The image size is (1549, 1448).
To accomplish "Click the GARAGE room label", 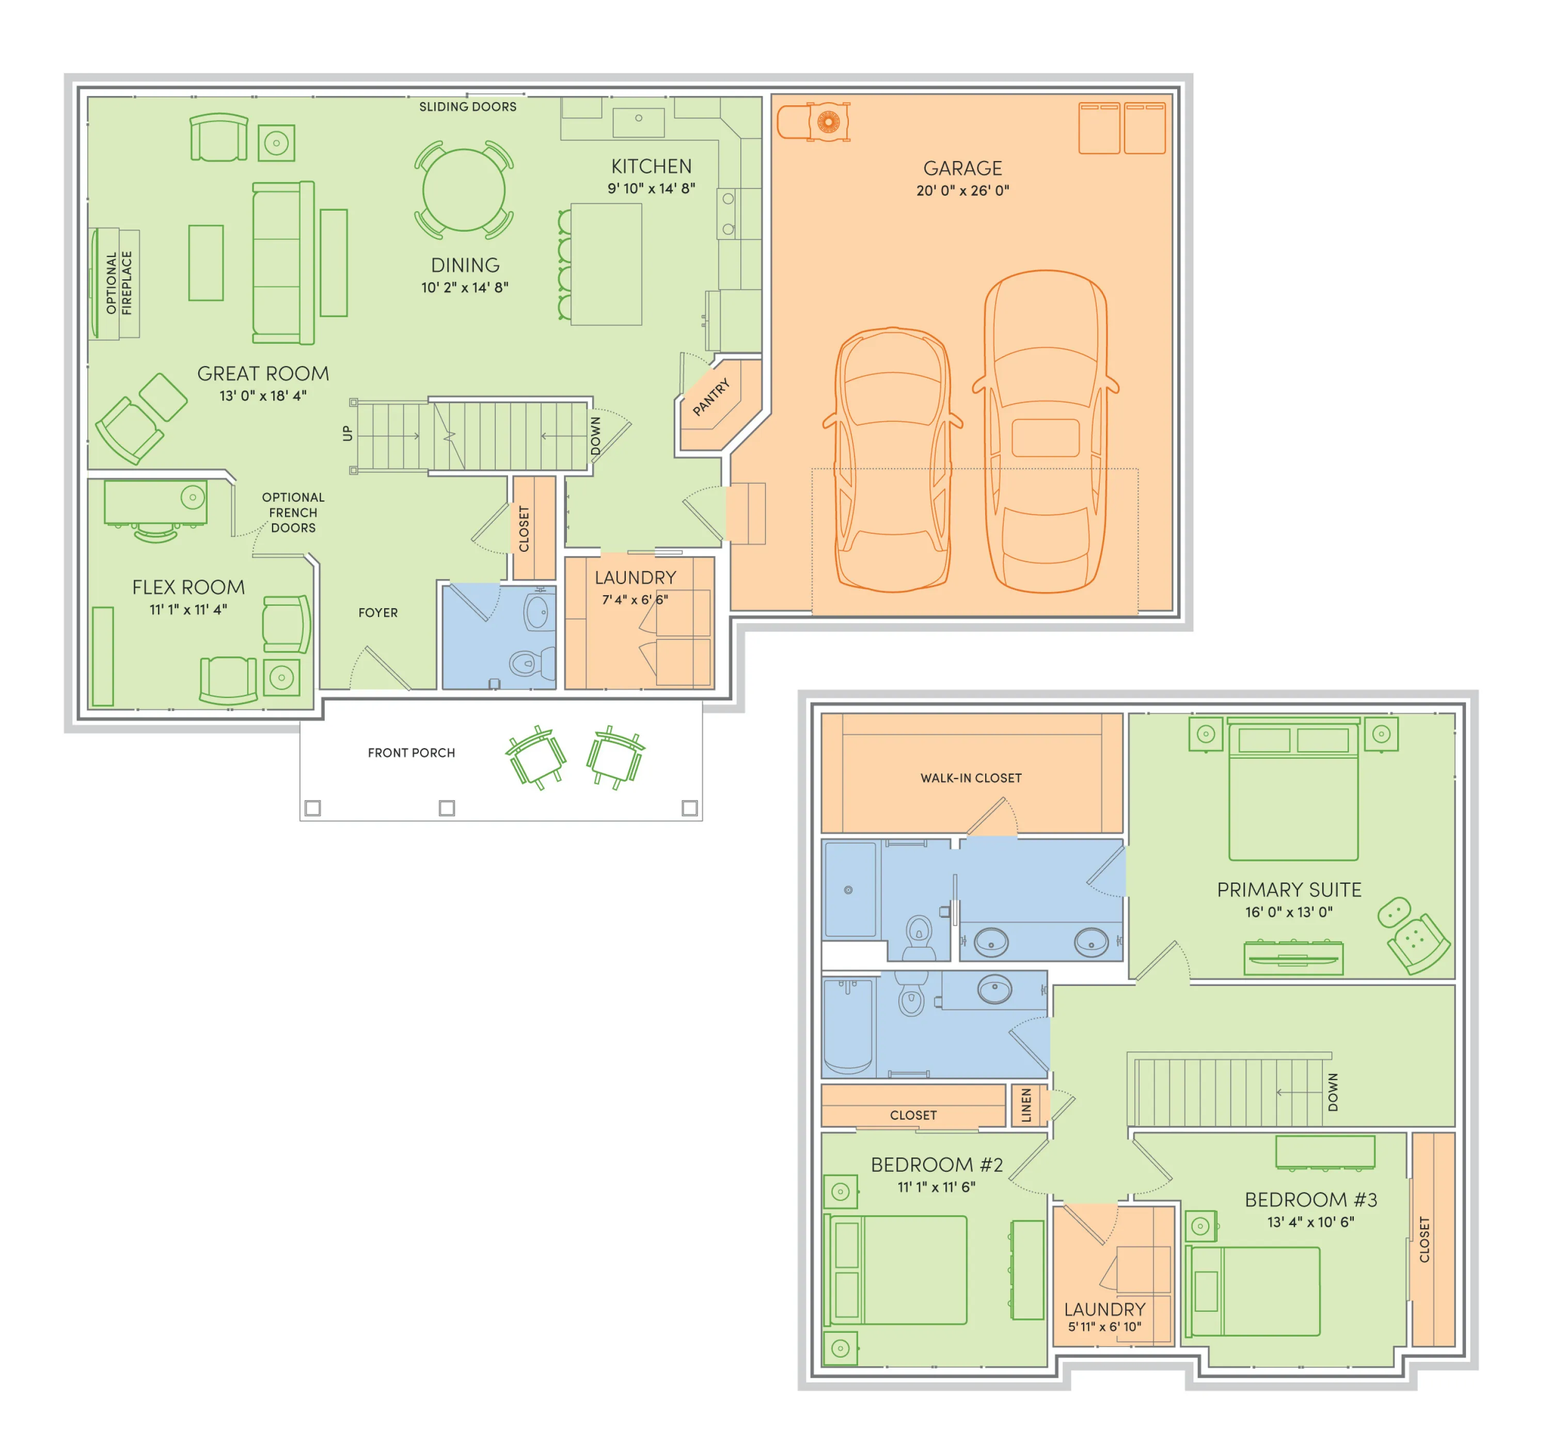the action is tap(962, 168).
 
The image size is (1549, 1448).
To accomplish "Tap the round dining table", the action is tap(464, 190).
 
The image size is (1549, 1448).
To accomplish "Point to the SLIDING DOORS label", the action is tap(467, 107).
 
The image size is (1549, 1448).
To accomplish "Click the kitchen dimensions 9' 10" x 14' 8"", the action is tap(652, 188).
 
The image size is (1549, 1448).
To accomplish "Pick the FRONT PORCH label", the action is tap(412, 753).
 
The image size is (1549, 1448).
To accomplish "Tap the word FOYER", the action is tap(378, 613).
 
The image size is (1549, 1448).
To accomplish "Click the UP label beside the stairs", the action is tap(347, 434).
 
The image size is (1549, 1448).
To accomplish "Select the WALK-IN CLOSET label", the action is tap(971, 778).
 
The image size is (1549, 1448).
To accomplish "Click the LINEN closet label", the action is tap(1026, 1105).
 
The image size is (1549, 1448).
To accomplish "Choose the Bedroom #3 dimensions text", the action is tap(1310, 1222).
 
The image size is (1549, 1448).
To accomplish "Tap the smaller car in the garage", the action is tap(893, 459).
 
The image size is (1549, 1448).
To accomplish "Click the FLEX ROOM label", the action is tap(188, 587).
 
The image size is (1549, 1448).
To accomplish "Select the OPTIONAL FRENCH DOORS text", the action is tap(293, 513).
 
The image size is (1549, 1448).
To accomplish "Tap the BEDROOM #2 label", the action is tap(937, 1165).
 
